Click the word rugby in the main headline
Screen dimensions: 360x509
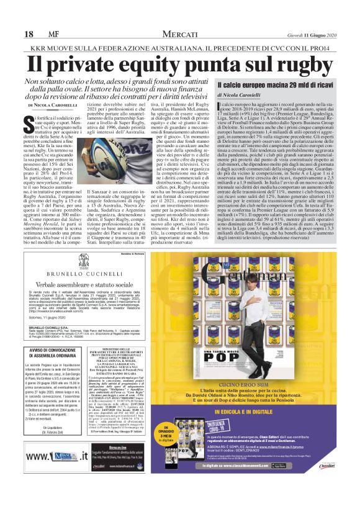[x=282, y=65]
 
